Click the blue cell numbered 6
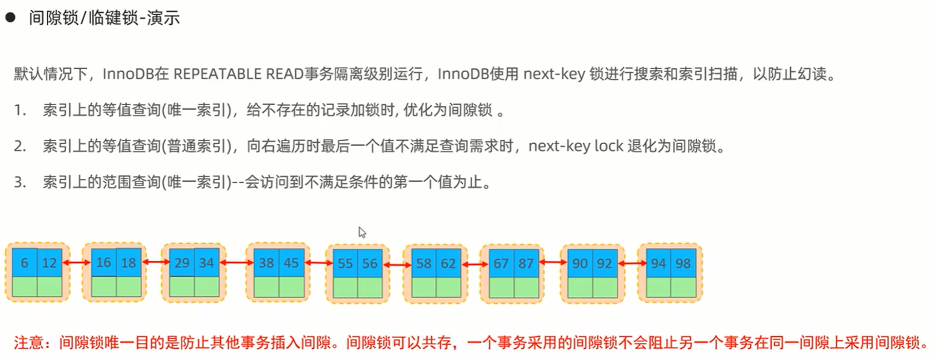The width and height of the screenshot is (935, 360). click(x=24, y=263)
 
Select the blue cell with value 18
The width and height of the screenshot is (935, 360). click(x=129, y=263)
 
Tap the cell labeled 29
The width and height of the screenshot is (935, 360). click(x=182, y=263)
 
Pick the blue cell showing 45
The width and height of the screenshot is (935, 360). click(x=291, y=263)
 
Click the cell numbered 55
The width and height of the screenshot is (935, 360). click(x=345, y=264)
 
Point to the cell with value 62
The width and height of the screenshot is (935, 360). click(x=448, y=264)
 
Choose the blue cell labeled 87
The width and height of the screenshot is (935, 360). click(x=526, y=264)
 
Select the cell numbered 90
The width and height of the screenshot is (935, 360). click(x=580, y=264)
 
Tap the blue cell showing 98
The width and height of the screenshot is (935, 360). click(x=683, y=264)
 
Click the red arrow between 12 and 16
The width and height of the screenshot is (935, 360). click(x=76, y=263)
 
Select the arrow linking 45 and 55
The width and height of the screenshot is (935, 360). click(x=319, y=263)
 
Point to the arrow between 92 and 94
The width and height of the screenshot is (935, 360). click(x=632, y=264)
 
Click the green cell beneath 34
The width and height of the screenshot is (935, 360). click(x=207, y=287)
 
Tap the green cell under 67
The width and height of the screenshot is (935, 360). click(x=501, y=287)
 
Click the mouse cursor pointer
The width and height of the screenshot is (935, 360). click(x=362, y=232)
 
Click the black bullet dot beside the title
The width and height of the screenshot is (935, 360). click(x=10, y=18)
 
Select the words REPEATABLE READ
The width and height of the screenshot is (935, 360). click(x=238, y=74)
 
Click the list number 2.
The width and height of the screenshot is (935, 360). click(x=20, y=146)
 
